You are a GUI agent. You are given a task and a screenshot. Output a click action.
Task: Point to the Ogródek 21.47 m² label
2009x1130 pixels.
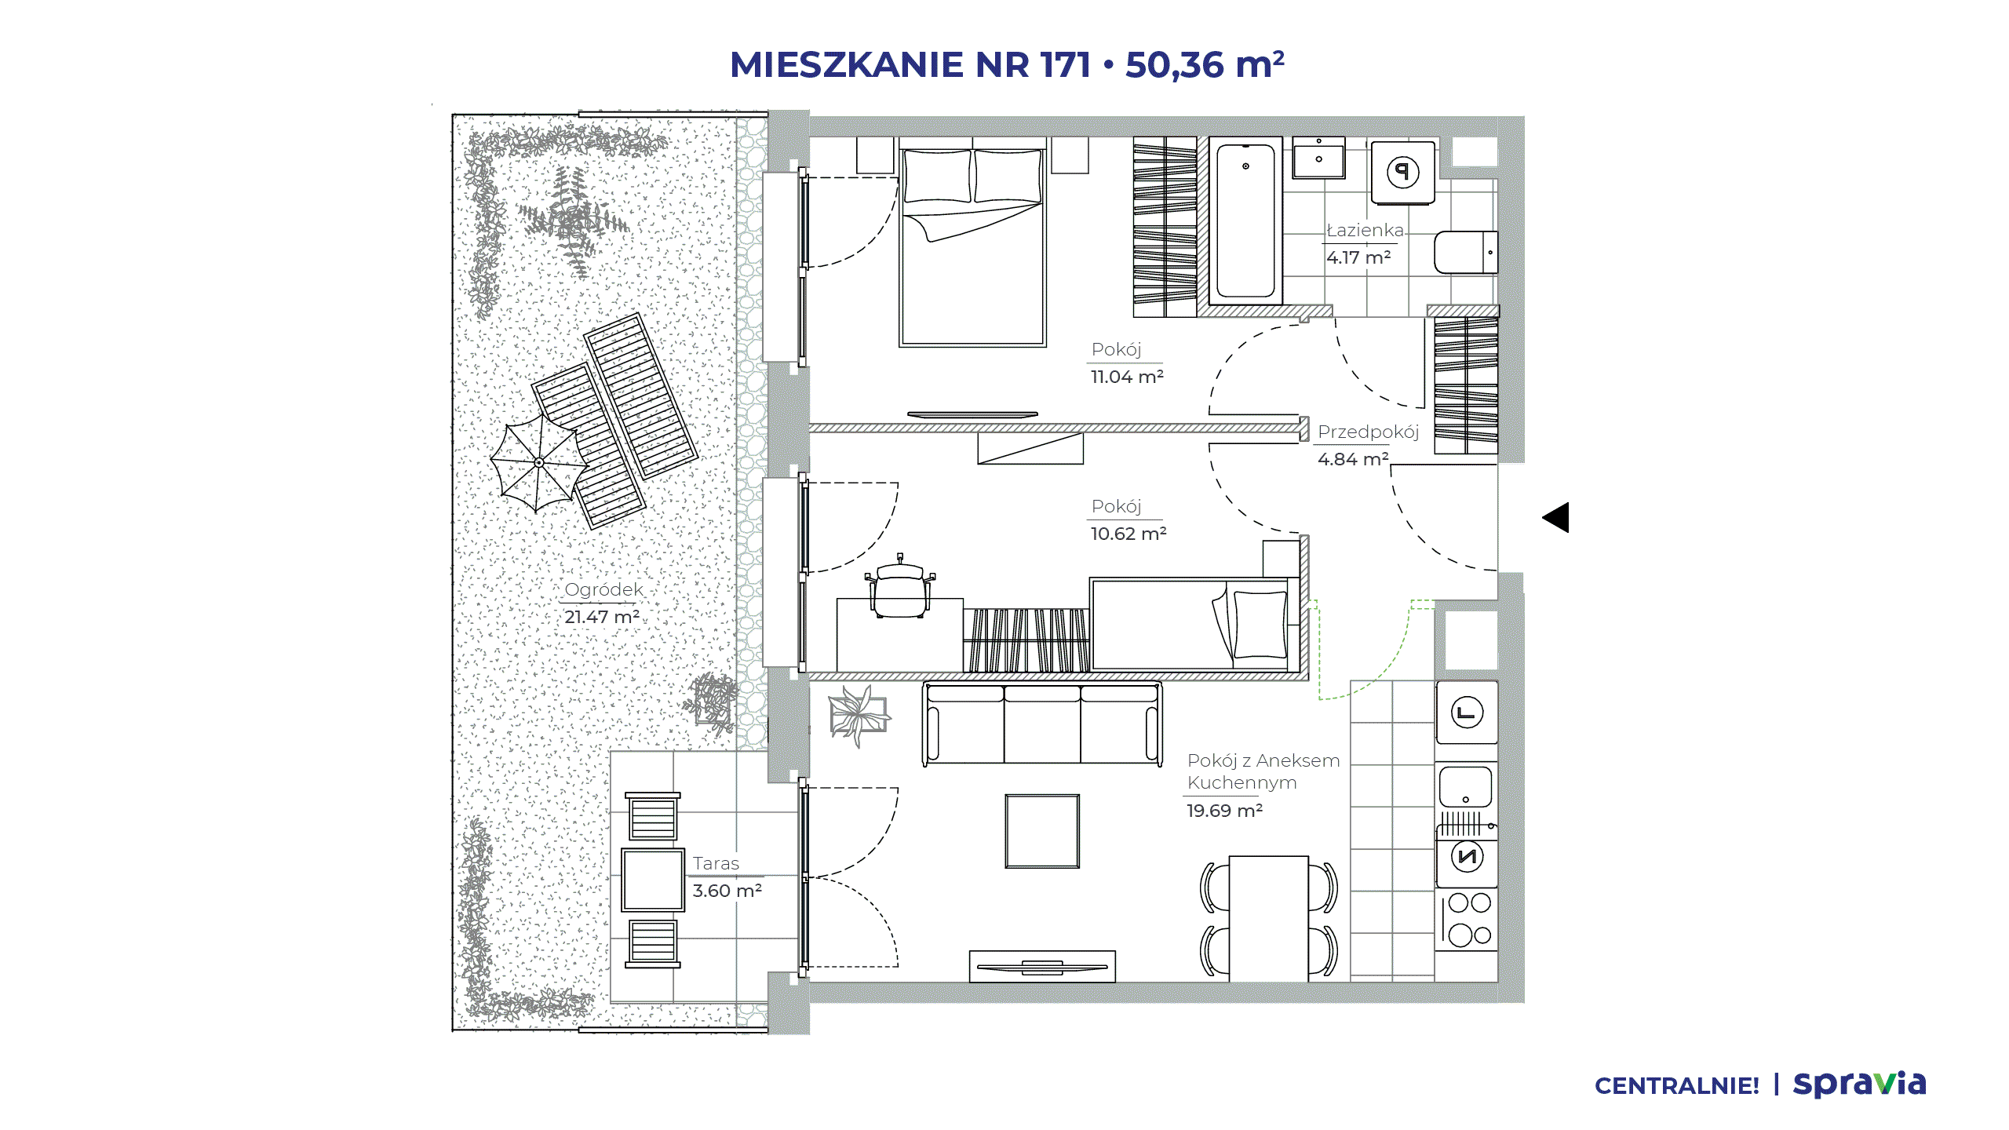coord(603,603)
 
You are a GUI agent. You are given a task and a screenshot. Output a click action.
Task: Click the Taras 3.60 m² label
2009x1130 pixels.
coord(727,877)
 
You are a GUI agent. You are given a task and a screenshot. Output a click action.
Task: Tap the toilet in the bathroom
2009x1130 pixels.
coord(1466,252)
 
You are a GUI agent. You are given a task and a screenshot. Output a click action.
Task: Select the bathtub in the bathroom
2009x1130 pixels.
coord(1245,221)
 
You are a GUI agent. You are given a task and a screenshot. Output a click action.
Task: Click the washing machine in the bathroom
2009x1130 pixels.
coord(1403,172)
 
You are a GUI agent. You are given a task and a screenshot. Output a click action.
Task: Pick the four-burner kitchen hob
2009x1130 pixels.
coord(1467,919)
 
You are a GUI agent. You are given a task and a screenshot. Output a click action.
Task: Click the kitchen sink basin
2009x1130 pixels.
coord(1465,786)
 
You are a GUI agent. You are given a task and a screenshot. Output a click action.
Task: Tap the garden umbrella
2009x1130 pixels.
coord(538,463)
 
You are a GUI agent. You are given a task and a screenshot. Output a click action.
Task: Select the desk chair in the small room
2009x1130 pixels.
coord(899,585)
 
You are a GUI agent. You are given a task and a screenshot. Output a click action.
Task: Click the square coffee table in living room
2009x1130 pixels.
coord(1042,831)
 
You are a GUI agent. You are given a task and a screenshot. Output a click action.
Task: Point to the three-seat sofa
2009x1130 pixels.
coord(1042,724)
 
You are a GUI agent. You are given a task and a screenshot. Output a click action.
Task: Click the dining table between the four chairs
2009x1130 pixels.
coord(1268,918)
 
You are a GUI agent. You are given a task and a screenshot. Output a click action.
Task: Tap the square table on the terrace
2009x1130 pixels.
coord(653,880)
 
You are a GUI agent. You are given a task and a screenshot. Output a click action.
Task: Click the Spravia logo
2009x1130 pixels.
coord(1860,1084)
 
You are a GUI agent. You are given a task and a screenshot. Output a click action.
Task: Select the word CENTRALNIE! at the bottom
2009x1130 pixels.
coord(1677,1086)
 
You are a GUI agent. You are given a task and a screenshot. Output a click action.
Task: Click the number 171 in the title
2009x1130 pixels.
coord(1066,64)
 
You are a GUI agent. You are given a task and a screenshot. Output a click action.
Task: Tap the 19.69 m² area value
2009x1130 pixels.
coord(1224,811)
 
